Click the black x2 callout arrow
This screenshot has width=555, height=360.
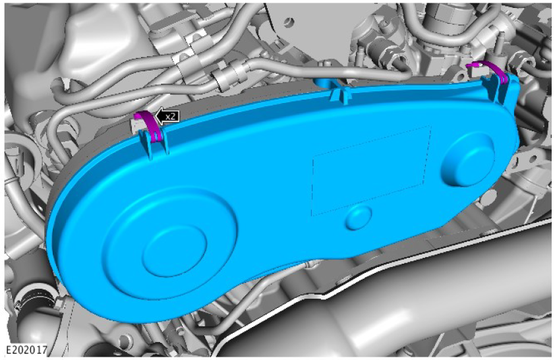[167, 116]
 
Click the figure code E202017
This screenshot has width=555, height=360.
[27, 350]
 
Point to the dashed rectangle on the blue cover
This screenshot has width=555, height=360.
[371, 170]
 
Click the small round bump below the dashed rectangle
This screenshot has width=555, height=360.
[359, 217]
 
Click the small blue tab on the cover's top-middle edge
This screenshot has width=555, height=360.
[339, 95]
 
